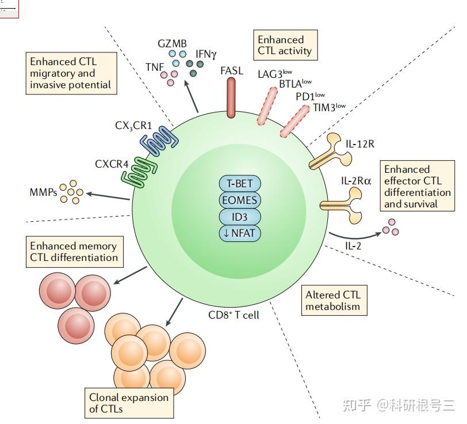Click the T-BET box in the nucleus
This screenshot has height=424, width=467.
(x=239, y=184)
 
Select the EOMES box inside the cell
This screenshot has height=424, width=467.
(x=239, y=200)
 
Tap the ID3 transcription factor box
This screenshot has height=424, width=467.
(x=239, y=217)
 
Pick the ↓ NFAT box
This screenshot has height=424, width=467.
(x=239, y=233)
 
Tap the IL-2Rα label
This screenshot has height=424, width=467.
(x=356, y=181)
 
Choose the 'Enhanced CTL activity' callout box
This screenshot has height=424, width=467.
(x=284, y=45)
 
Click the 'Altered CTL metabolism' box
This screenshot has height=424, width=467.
(x=333, y=300)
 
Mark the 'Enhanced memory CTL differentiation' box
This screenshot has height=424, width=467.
(x=73, y=252)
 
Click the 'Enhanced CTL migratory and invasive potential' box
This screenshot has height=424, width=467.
(x=71, y=74)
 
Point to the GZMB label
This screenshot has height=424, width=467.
(x=173, y=43)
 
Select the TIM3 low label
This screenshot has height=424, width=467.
(x=329, y=107)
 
